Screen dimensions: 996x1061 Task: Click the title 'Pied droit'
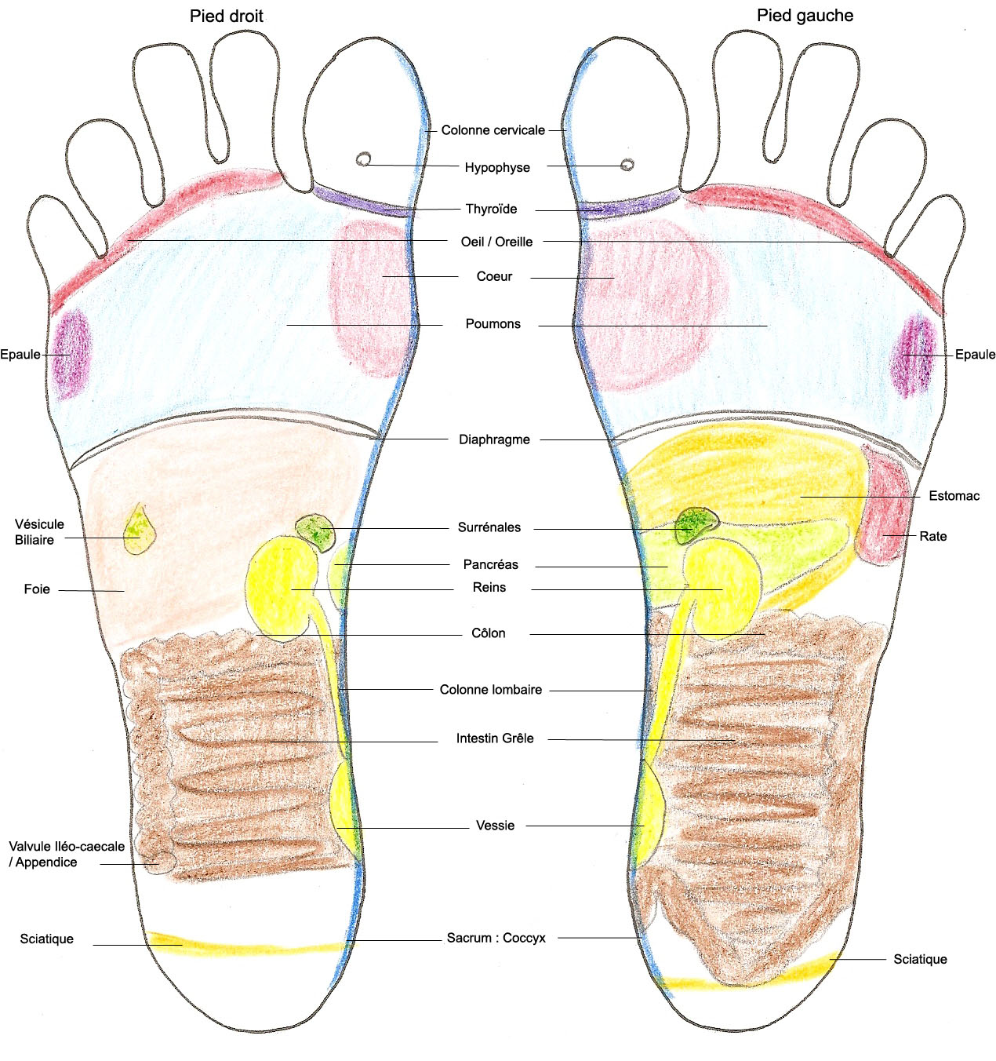coord(226,16)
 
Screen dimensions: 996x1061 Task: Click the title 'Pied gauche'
coord(805,16)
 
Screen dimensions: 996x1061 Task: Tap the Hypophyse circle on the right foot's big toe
coord(364,159)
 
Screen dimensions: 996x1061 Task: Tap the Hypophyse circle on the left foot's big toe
coord(627,164)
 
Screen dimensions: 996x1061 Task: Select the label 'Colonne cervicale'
coord(493,129)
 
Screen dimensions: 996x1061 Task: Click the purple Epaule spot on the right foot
coord(72,354)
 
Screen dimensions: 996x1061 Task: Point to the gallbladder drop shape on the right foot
coord(138,530)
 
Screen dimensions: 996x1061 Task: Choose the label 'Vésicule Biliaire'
coord(39,531)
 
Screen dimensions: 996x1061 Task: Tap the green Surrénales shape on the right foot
coord(316,532)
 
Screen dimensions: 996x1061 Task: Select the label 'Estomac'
coord(954,496)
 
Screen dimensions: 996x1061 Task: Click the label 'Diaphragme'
coord(494,439)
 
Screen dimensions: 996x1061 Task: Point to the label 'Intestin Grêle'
coord(495,738)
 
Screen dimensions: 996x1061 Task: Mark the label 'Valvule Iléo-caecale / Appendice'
coord(67,855)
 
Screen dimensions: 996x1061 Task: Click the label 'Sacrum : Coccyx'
coord(496,938)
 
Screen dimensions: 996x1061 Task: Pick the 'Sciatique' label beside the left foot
coord(920,959)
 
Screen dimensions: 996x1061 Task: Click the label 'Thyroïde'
coord(491,209)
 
